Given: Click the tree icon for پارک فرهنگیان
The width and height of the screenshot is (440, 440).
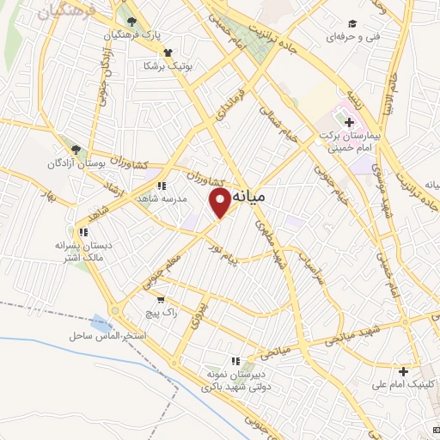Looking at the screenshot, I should click(130, 22).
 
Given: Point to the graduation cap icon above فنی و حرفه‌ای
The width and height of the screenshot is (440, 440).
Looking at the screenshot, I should click(352, 23).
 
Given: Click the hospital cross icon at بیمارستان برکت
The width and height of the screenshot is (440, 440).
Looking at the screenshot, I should click(348, 122).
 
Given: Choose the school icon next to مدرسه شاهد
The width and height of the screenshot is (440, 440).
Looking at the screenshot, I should click(161, 185).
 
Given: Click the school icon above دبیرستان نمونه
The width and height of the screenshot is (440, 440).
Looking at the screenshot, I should click(234, 361).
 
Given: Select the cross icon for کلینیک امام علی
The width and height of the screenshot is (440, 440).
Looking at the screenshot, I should click(403, 371).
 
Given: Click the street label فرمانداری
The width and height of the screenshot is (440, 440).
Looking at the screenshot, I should click(231, 104).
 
